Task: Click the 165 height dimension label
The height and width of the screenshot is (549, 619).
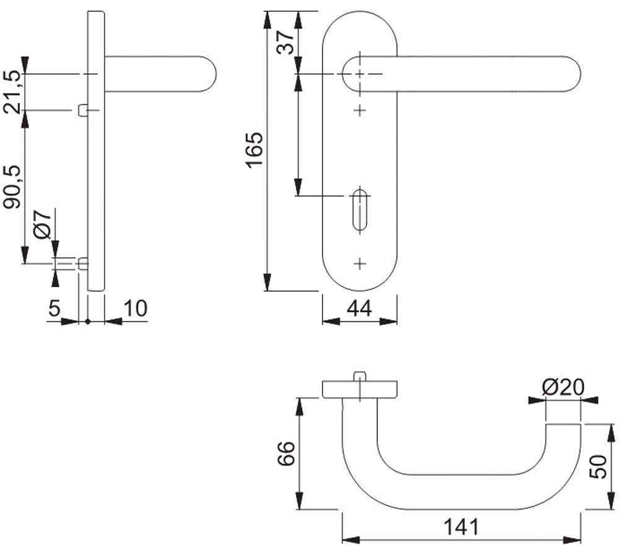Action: (254, 150)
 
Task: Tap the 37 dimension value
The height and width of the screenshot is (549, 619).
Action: (285, 42)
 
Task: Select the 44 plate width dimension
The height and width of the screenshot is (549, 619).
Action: (359, 309)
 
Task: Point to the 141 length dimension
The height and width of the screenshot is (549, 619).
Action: (461, 527)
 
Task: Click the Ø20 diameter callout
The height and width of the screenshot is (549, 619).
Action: (563, 387)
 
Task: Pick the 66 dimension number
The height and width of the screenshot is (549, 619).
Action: (286, 454)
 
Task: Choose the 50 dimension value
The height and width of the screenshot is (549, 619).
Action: (598, 467)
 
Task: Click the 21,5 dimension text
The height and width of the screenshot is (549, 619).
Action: (11, 92)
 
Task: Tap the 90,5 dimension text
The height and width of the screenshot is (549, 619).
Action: (11, 187)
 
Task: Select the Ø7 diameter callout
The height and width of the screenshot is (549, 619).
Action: (43, 225)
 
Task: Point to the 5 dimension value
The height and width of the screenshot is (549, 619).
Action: (54, 308)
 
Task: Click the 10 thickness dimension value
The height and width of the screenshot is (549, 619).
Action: (136, 308)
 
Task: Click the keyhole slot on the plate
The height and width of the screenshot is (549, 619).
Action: (360, 210)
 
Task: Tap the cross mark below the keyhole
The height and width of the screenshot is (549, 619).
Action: (360, 263)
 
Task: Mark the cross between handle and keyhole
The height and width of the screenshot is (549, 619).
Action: (360, 110)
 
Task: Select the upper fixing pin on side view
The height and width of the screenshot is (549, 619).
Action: (83, 110)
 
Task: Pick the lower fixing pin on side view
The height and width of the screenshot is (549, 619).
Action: (83, 263)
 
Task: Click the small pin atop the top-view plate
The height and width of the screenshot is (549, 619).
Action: (360, 376)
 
